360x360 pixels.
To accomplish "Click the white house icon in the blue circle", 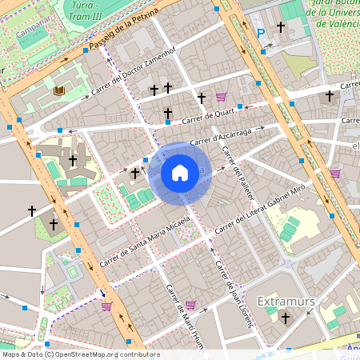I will point(180,173).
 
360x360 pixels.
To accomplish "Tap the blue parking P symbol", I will point(261,33).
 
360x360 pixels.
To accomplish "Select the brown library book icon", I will point(58,91).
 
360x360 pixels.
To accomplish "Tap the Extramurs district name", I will point(286,301).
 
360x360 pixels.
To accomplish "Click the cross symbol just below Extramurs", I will point(285,318).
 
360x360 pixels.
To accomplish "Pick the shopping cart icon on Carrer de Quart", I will point(220,97).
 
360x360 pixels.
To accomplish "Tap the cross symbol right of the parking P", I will point(281,27).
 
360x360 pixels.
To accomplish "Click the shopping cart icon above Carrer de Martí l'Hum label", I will point(190,304).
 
